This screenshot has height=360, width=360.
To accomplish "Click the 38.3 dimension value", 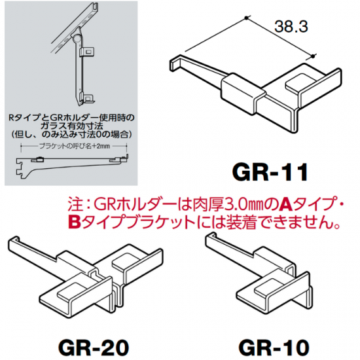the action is coord(291,26).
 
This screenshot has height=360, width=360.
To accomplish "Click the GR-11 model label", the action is coord(270,172).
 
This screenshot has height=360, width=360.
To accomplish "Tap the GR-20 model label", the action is coord(94,348).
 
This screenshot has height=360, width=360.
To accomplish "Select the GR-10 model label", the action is coord(274,348).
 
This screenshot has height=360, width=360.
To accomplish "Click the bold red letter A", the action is coord(286,204).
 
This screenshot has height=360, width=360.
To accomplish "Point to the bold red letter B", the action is coord(75,223).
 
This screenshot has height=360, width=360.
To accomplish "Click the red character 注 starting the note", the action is coord(75,204).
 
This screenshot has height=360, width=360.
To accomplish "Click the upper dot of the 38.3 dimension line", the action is coord(246,18).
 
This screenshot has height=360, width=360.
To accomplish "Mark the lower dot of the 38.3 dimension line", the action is coord(312,56).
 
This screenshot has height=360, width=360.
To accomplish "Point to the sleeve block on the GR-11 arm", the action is coord(243,94).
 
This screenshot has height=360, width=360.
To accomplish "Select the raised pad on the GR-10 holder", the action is coord(268,287).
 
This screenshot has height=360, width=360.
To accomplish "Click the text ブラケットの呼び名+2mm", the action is coord(75,146).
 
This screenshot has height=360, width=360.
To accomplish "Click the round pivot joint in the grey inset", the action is coord(77,37).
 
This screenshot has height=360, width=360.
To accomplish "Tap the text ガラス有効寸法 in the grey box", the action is coord(71,126).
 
